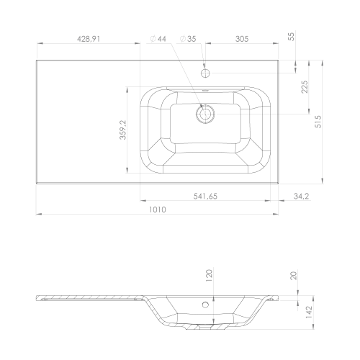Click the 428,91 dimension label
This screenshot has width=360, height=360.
[88, 39]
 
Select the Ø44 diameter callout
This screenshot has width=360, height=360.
[158, 39]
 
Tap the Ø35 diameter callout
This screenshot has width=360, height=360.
[188, 39]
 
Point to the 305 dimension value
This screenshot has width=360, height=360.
[242, 39]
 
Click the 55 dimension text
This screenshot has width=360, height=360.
[291, 37]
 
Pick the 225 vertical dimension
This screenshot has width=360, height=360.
[305, 86]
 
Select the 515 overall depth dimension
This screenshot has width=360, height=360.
[318, 122]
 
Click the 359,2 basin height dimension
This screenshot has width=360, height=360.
[123, 130]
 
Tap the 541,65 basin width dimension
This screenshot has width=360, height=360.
[205, 197]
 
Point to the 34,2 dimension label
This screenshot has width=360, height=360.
[301, 197]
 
